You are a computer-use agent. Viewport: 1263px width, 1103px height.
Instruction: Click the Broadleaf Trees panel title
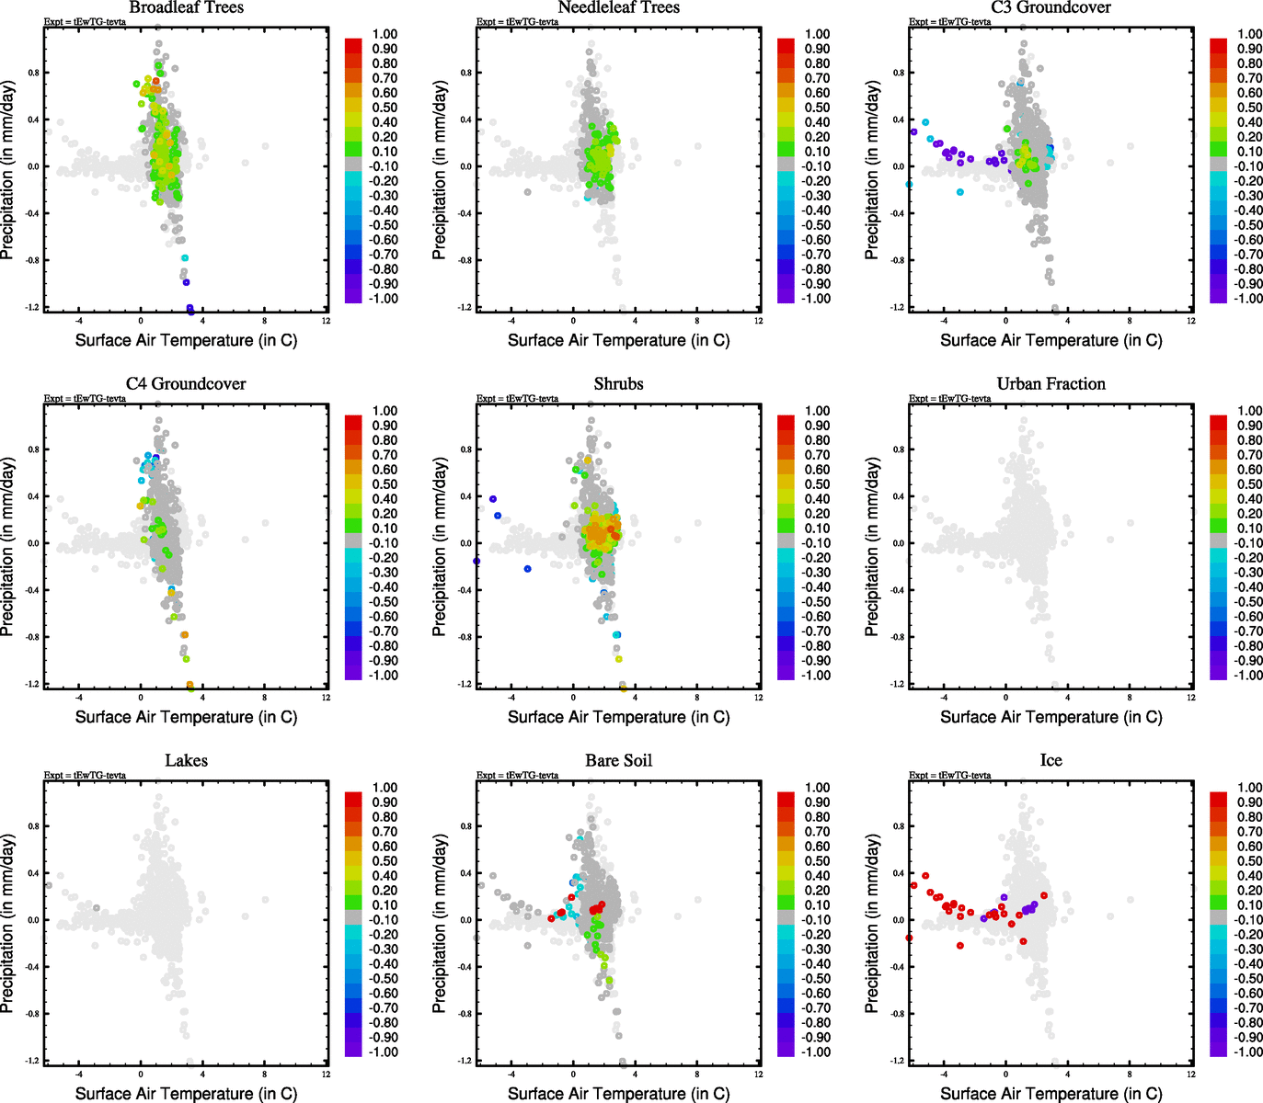point(186,8)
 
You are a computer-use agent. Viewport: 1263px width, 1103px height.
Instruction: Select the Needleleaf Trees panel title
point(618,8)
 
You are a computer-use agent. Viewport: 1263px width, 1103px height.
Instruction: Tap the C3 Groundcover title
point(1051,8)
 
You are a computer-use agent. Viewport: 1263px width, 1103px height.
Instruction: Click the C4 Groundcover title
point(186,384)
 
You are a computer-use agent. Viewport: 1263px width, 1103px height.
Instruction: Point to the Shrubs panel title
point(618,384)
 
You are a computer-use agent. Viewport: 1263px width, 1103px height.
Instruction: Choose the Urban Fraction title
point(1051,384)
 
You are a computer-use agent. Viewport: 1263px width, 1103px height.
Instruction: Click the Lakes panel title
point(186,761)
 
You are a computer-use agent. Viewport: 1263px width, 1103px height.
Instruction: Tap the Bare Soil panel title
point(618,761)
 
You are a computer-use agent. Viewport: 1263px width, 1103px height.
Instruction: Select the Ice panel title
point(1051,761)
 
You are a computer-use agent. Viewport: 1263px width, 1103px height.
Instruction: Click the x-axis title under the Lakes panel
point(186,1094)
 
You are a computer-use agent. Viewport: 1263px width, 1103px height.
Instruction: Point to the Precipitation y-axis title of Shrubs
point(440,547)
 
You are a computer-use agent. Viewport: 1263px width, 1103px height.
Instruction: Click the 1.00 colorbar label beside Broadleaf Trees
point(385,34)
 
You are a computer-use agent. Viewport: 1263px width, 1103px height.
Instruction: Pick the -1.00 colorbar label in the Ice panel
point(1248,1052)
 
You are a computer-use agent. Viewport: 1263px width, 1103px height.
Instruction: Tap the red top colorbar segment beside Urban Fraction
point(1218,422)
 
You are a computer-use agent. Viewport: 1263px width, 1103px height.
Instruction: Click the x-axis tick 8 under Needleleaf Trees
point(697,321)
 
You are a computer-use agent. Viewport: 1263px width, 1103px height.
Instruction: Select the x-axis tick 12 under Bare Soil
point(758,1074)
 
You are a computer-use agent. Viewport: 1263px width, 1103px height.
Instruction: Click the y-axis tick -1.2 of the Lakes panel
point(33,1061)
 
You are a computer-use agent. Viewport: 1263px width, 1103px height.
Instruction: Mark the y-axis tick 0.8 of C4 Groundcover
point(34,449)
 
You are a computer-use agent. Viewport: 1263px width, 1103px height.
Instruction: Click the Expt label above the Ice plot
point(949,775)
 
